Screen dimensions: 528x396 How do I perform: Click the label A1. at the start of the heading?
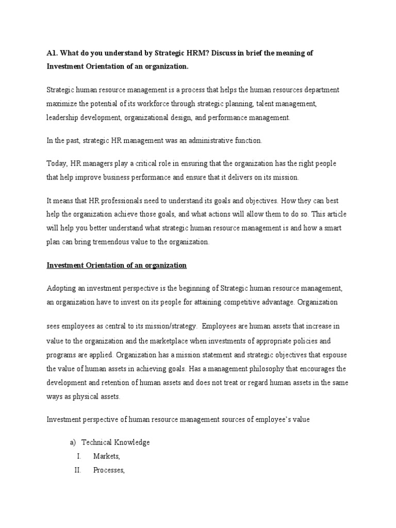53,53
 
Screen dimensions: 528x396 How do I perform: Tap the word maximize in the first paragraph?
62,104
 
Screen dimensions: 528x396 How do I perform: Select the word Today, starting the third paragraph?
57,163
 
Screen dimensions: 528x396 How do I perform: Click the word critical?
147,163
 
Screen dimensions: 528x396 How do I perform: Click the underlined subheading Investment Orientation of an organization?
117,265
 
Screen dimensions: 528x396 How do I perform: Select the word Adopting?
61,288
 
